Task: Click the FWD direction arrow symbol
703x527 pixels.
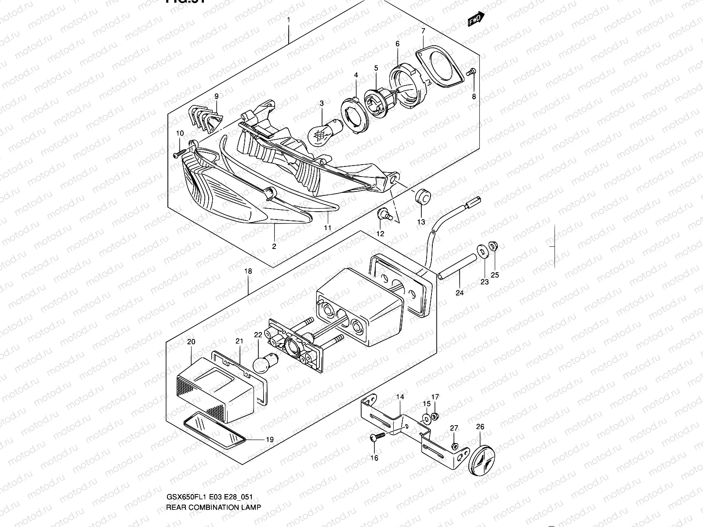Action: [476, 19]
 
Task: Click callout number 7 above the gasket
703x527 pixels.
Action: [423, 31]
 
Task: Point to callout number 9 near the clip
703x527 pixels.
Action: [216, 96]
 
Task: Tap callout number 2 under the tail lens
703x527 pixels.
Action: [274, 246]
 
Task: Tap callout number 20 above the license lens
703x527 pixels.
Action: [191, 342]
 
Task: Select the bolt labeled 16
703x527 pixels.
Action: [377, 436]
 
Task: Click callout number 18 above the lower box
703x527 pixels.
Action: [248, 272]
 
